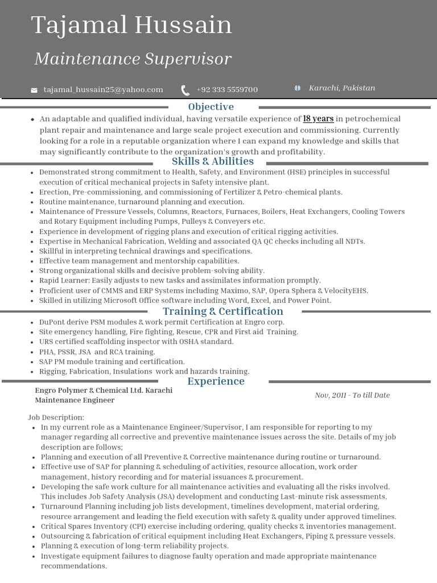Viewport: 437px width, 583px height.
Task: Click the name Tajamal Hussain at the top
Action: [131, 26]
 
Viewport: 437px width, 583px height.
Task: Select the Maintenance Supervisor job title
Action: [133, 59]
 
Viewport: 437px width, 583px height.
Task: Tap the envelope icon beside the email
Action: [34, 90]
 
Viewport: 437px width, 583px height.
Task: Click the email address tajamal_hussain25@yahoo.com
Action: [103, 89]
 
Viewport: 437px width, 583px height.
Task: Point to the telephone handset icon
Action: [185, 90]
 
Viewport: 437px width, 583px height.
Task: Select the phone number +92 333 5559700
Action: [227, 90]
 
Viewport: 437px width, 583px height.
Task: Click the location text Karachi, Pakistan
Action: [342, 88]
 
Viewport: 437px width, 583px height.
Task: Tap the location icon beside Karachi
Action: [297, 88]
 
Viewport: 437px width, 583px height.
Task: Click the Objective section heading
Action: [211, 106]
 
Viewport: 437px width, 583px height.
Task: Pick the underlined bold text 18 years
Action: [318, 119]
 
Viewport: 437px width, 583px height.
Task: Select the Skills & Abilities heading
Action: [213, 161]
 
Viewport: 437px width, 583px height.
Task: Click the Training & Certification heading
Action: [222, 311]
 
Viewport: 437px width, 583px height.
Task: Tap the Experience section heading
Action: [216, 381]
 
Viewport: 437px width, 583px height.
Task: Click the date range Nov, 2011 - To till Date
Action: [352, 395]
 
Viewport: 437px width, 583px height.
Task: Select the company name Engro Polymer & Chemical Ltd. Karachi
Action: [104, 391]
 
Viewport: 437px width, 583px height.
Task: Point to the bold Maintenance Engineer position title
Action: [75, 400]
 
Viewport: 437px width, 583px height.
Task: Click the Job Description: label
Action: [56, 417]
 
